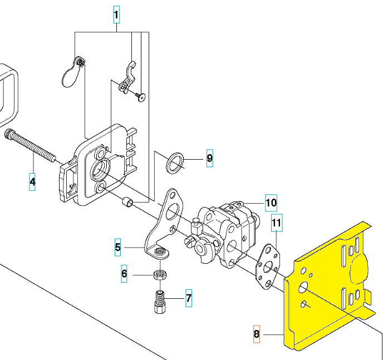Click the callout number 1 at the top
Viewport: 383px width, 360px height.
[x=116, y=14]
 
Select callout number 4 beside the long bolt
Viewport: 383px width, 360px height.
[x=32, y=182]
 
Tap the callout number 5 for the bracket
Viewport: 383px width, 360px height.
[x=117, y=247]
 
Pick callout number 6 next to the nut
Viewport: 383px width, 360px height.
[x=124, y=274]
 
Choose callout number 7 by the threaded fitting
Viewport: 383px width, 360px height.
[x=189, y=298]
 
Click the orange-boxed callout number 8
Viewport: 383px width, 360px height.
[x=257, y=334]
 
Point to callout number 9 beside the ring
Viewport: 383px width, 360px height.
[x=210, y=158]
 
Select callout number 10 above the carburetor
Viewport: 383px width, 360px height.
[x=271, y=203]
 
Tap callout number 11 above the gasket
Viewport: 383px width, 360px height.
[x=277, y=223]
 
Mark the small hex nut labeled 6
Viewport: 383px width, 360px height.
[x=160, y=275]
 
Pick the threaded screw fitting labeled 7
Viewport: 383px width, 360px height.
[x=160, y=302]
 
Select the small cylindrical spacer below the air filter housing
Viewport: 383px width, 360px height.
[x=127, y=203]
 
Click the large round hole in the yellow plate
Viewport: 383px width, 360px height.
[x=303, y=288]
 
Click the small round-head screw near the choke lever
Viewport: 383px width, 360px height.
[x=140, y=97]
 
